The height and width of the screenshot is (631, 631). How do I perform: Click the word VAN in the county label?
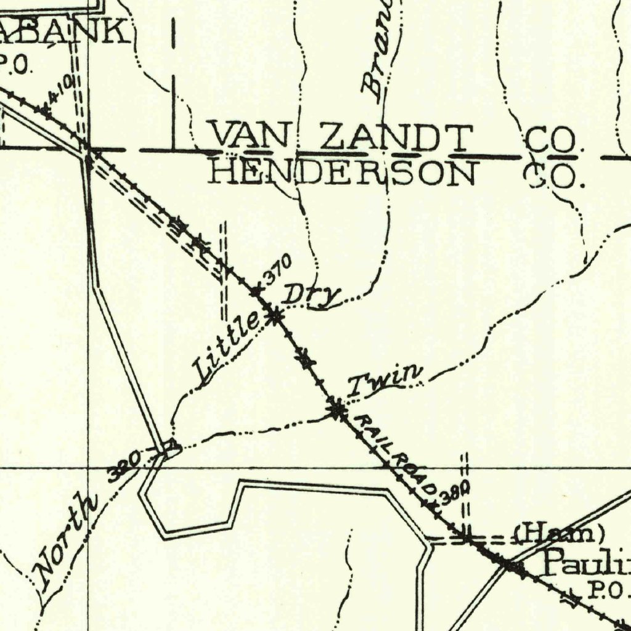coord(248,136)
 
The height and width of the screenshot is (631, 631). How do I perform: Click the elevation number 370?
coord(277,269)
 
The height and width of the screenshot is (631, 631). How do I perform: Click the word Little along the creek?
coord(226,346)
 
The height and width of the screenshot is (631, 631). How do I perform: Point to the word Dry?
coord(311,295)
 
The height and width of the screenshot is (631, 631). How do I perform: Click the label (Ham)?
coord(560,534)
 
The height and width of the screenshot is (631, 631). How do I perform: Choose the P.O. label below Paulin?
coord(607,592)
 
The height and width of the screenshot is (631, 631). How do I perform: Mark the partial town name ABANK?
coord(65,31)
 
